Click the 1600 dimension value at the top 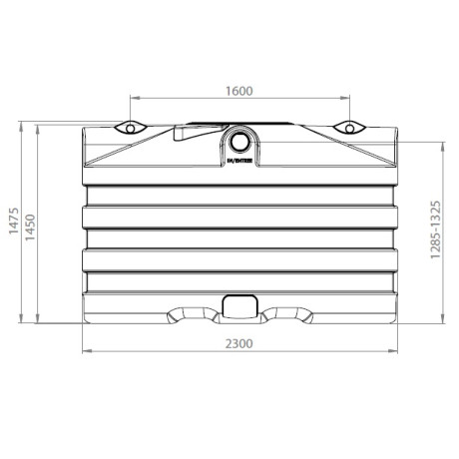237,90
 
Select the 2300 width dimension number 237,342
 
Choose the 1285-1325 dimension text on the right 435,227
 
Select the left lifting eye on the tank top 129,128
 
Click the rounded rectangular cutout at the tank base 238,307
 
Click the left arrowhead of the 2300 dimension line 85,351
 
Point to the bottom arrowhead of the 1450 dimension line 40,320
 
